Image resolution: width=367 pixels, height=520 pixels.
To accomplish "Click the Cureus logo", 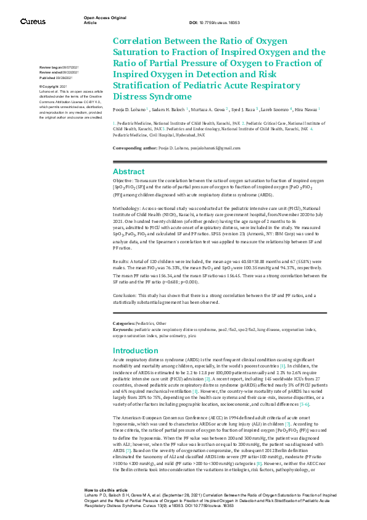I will [x=33, y=21].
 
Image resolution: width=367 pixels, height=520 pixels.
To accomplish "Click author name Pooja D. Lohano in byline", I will [x=129, y=109].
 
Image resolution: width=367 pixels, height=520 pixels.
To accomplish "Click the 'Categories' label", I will [x=124, y=324].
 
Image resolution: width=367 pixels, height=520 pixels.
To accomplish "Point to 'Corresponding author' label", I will [x=133, y=148].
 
